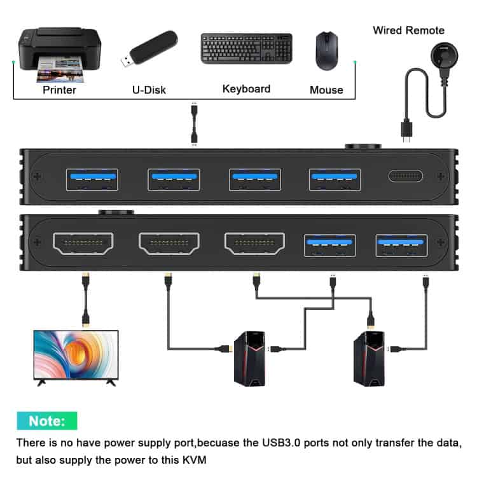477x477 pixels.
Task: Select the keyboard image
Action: (246, 48)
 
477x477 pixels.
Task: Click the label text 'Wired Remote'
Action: (408, 30)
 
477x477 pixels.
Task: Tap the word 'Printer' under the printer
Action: (59, 90)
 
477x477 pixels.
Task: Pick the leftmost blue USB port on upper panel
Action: (92, 179)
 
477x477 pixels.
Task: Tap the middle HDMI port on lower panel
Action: (169, 243)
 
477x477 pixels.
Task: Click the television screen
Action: (76, 355)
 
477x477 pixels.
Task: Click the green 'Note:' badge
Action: (47, 421)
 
